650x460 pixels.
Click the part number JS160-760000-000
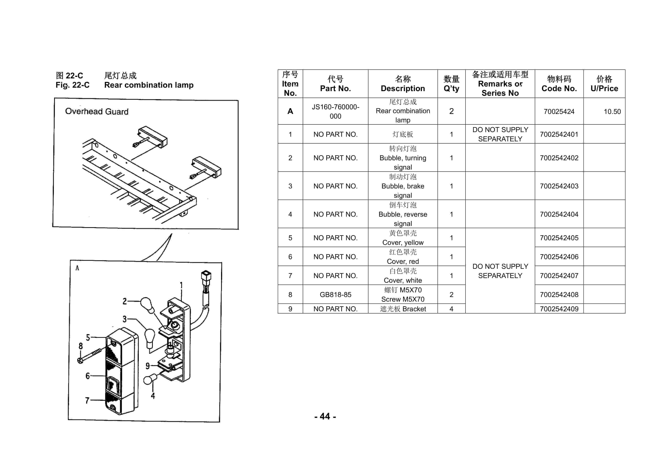pos(335,111)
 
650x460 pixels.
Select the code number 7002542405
pos(559,238)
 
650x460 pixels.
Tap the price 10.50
pos(612,112)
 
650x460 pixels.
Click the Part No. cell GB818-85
pos(335,295)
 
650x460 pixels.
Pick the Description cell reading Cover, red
pos(403,257)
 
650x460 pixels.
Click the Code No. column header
pos(559,84)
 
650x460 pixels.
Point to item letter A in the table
pos(290,111)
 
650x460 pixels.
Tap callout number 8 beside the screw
pos(81,346)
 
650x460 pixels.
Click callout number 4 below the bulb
pos(153,396)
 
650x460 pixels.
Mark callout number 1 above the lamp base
pos(181,285)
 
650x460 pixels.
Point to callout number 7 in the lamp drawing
pos(87,400)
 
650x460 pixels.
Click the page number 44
pos(325,416)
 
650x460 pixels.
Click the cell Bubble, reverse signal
pos(403,214)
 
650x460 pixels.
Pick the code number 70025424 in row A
pos(559,112)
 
